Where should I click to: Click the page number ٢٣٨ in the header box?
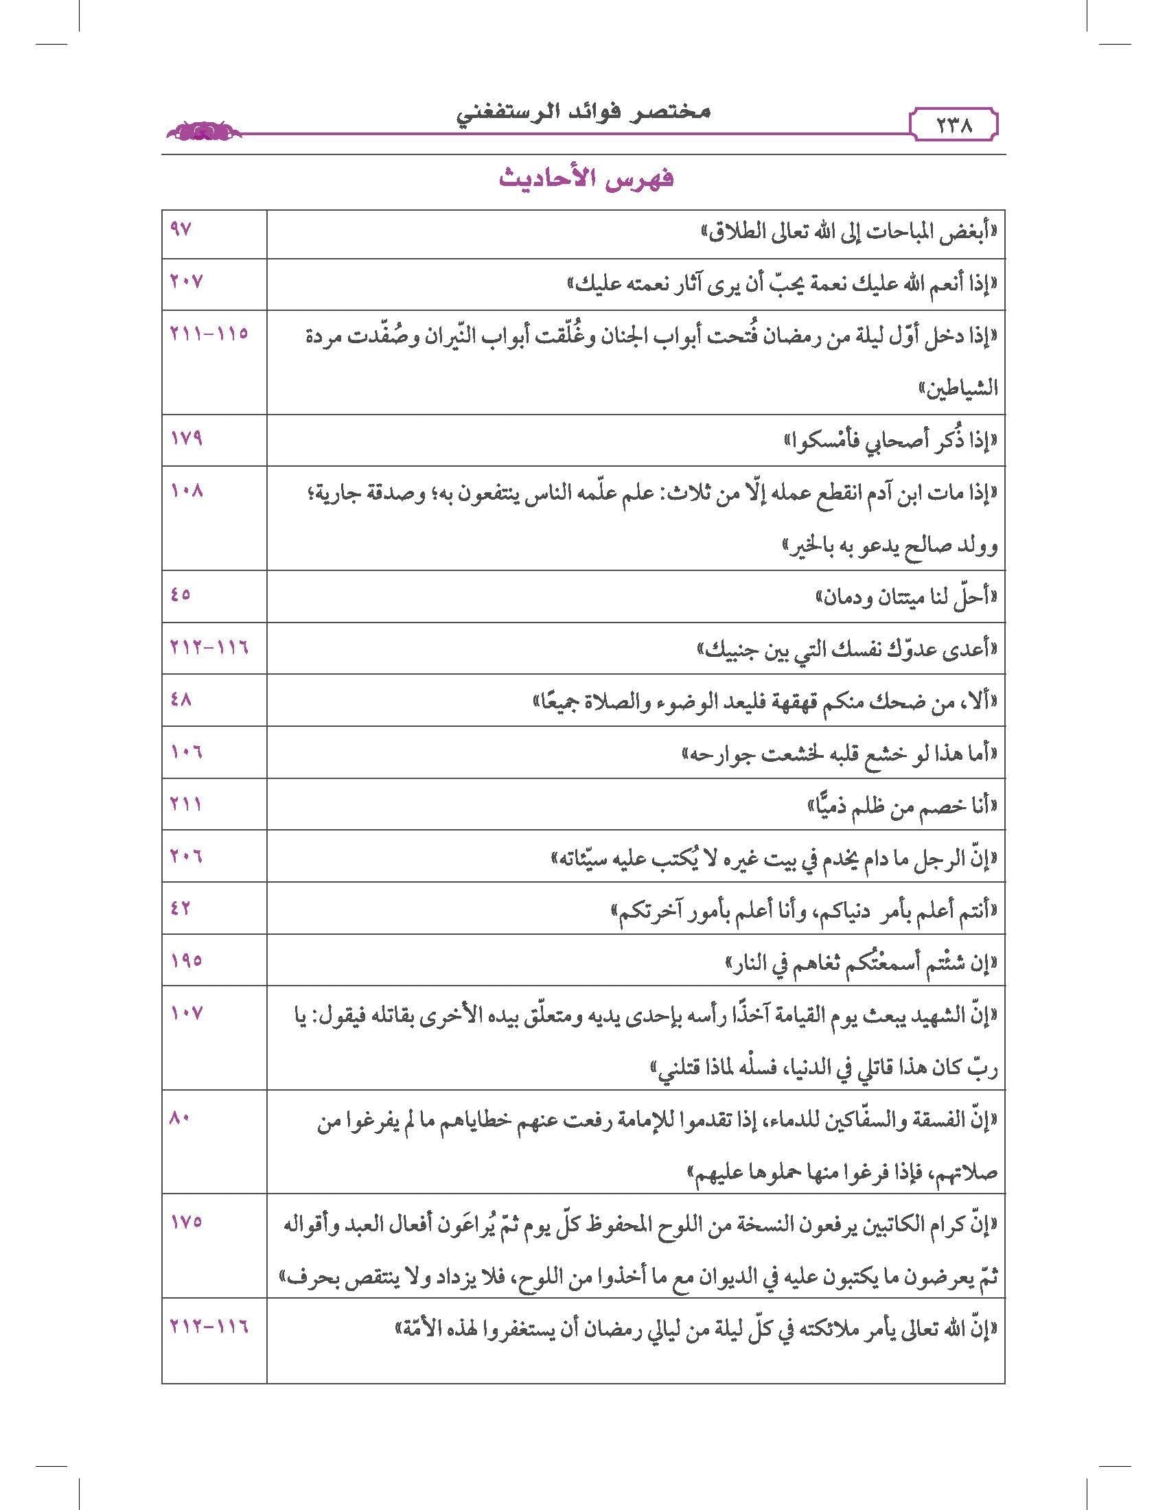click(954, 126)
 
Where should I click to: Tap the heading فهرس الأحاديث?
click(586, 178)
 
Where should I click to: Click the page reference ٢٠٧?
click(187, 281)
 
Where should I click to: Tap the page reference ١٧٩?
click(186, 438)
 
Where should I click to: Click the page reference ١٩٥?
click(186, 960)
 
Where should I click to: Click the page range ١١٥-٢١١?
click(209, 333)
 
